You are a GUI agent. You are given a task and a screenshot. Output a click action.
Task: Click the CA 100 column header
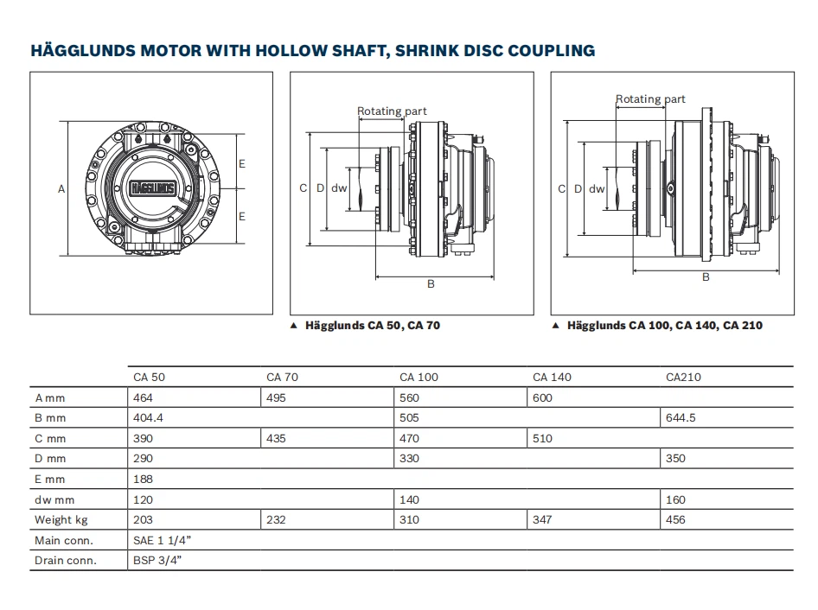[x=419, y=377]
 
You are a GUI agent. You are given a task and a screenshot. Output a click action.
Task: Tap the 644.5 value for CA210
[x=681, y=418]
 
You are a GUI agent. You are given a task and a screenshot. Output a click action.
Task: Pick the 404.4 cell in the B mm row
[x=149, y=418]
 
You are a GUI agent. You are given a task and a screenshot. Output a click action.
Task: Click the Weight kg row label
[x=61, y=520]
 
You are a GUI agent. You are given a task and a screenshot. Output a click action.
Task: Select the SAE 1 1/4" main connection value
[x=163, y=541]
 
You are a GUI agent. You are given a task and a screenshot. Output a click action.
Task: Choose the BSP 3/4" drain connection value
[x=157, y=561]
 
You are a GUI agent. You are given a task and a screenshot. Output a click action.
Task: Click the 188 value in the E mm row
[x=143, y=480]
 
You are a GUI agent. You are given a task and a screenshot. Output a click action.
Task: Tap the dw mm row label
[x=55, y=499]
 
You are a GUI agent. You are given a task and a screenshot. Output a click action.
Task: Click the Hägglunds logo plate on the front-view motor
[x=151, y=187]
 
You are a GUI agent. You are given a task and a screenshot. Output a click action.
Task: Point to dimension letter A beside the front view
[x=61, y=188]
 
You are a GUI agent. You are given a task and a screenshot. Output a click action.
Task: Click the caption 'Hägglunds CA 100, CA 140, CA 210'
[x=664, y=326]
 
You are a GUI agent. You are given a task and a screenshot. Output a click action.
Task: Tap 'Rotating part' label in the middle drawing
[x=392, y=111]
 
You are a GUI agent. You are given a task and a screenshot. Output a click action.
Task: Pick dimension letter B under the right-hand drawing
[x=706, y=277]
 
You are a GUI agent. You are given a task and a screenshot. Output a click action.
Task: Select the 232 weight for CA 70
[x=276, y=520]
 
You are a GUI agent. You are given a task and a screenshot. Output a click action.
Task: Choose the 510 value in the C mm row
[x=542, y=439]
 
